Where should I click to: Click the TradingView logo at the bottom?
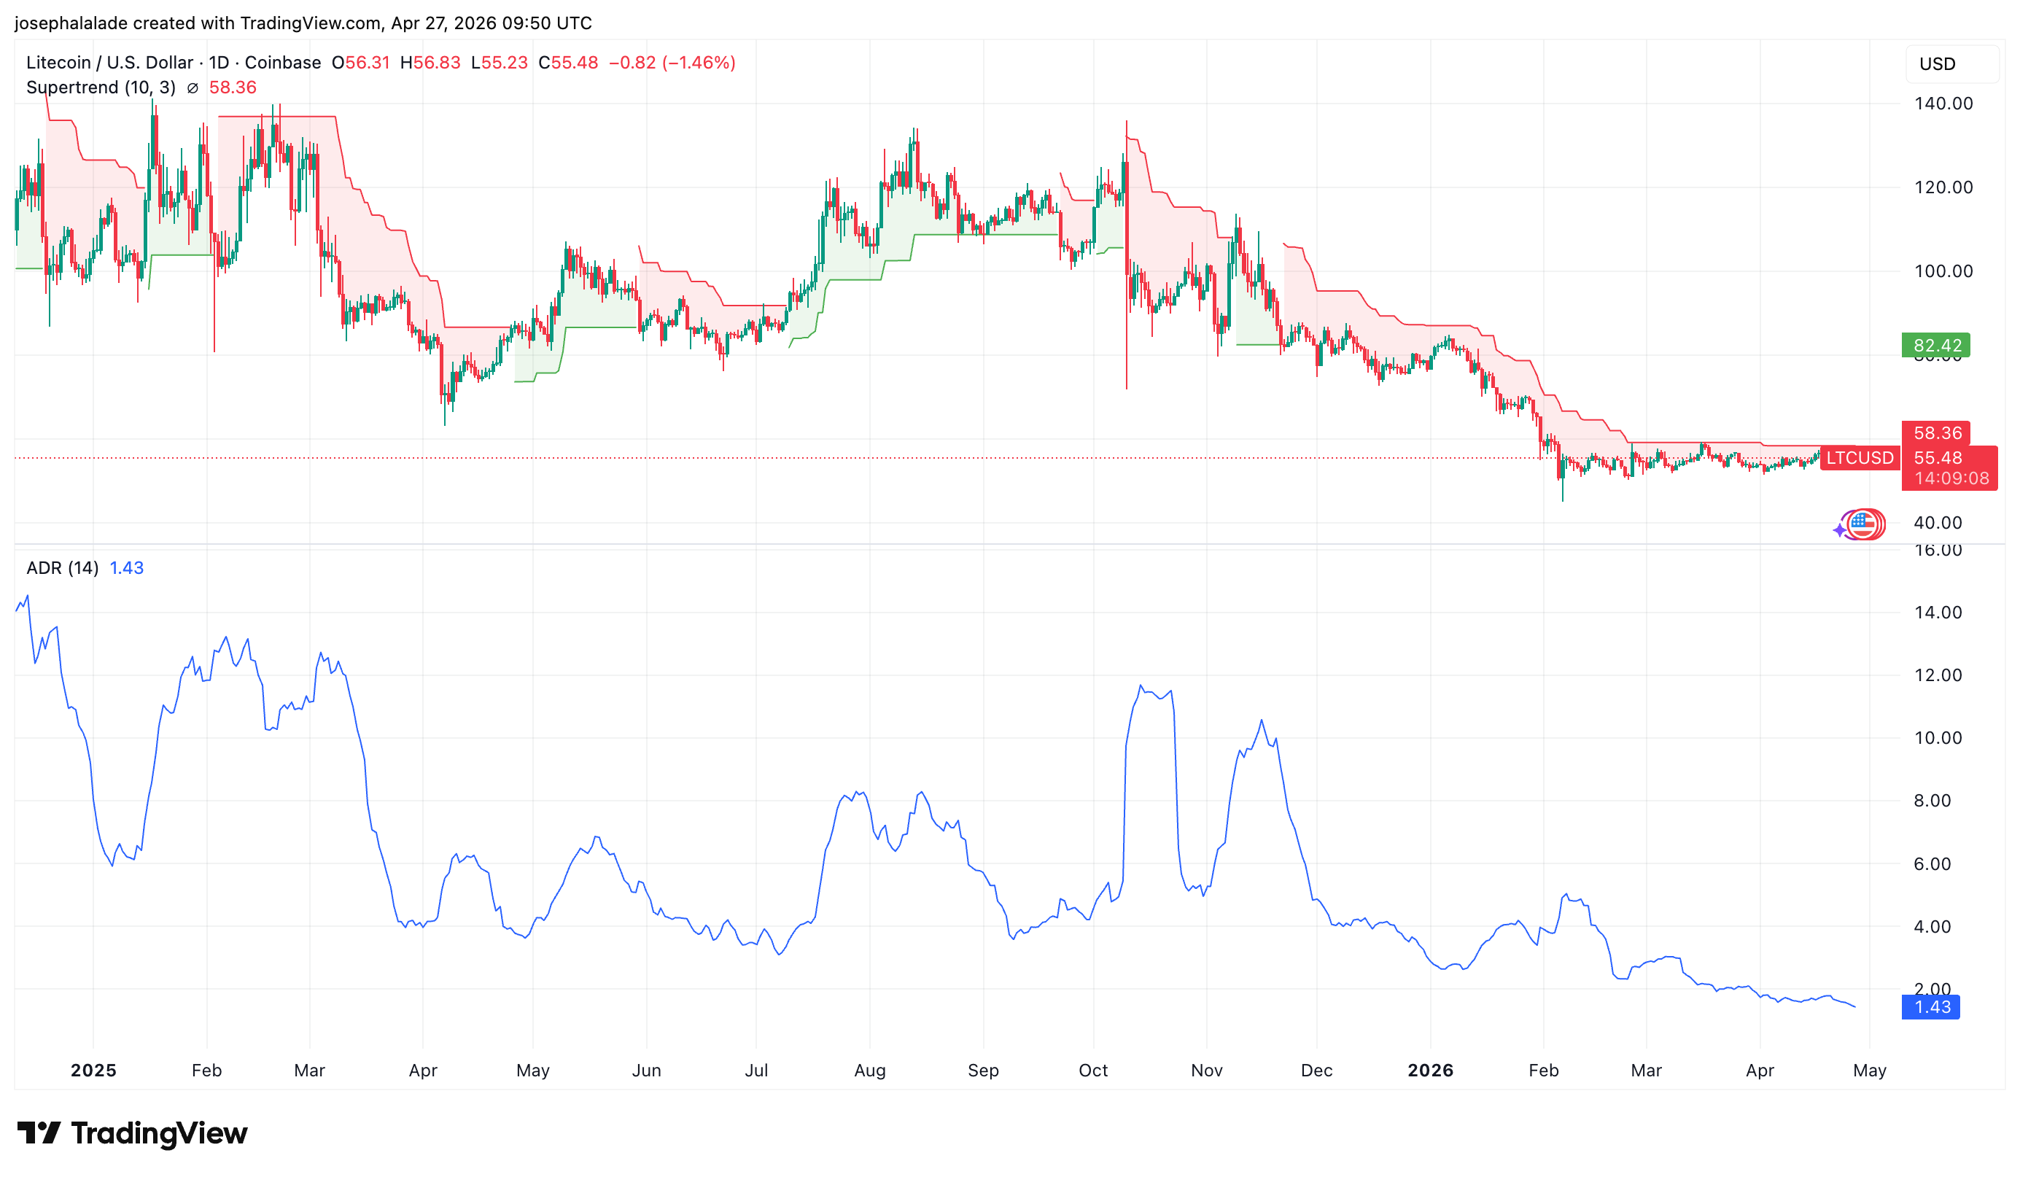(x=132, y=1133)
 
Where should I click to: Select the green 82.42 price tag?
(x=1936, y=346)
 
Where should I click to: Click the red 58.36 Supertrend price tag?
(x=1936, y=433)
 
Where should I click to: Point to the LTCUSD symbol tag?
(x=1859, y=458)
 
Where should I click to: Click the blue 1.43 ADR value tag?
(x=1931, y=1007)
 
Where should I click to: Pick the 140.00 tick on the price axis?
(x=1943, y=104)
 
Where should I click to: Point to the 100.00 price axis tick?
(x=1943, y=271)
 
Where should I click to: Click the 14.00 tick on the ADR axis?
(x=1938, y=613)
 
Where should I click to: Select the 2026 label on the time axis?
(x=1430, y=1071)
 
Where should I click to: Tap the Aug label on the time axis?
(x=870, y=1071)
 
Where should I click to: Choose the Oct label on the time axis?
(x=1093, y=1071)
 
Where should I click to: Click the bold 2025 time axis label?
(x=93, y=1071)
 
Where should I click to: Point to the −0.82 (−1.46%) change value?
(x=672, y=63)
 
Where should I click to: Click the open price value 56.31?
(x=366, y=63)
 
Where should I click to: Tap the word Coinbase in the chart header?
(x=282, y=63)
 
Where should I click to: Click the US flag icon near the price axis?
(x=1863, y=525)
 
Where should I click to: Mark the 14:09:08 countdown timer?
(x=1951, y=478)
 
